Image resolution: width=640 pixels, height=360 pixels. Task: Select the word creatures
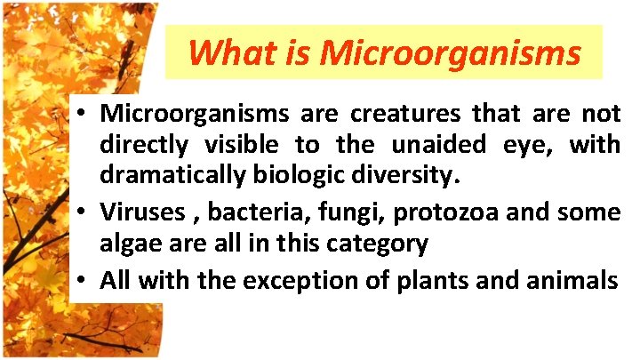click(x=406, y=115)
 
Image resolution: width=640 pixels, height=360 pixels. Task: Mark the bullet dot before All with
click(x=80, y=282)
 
